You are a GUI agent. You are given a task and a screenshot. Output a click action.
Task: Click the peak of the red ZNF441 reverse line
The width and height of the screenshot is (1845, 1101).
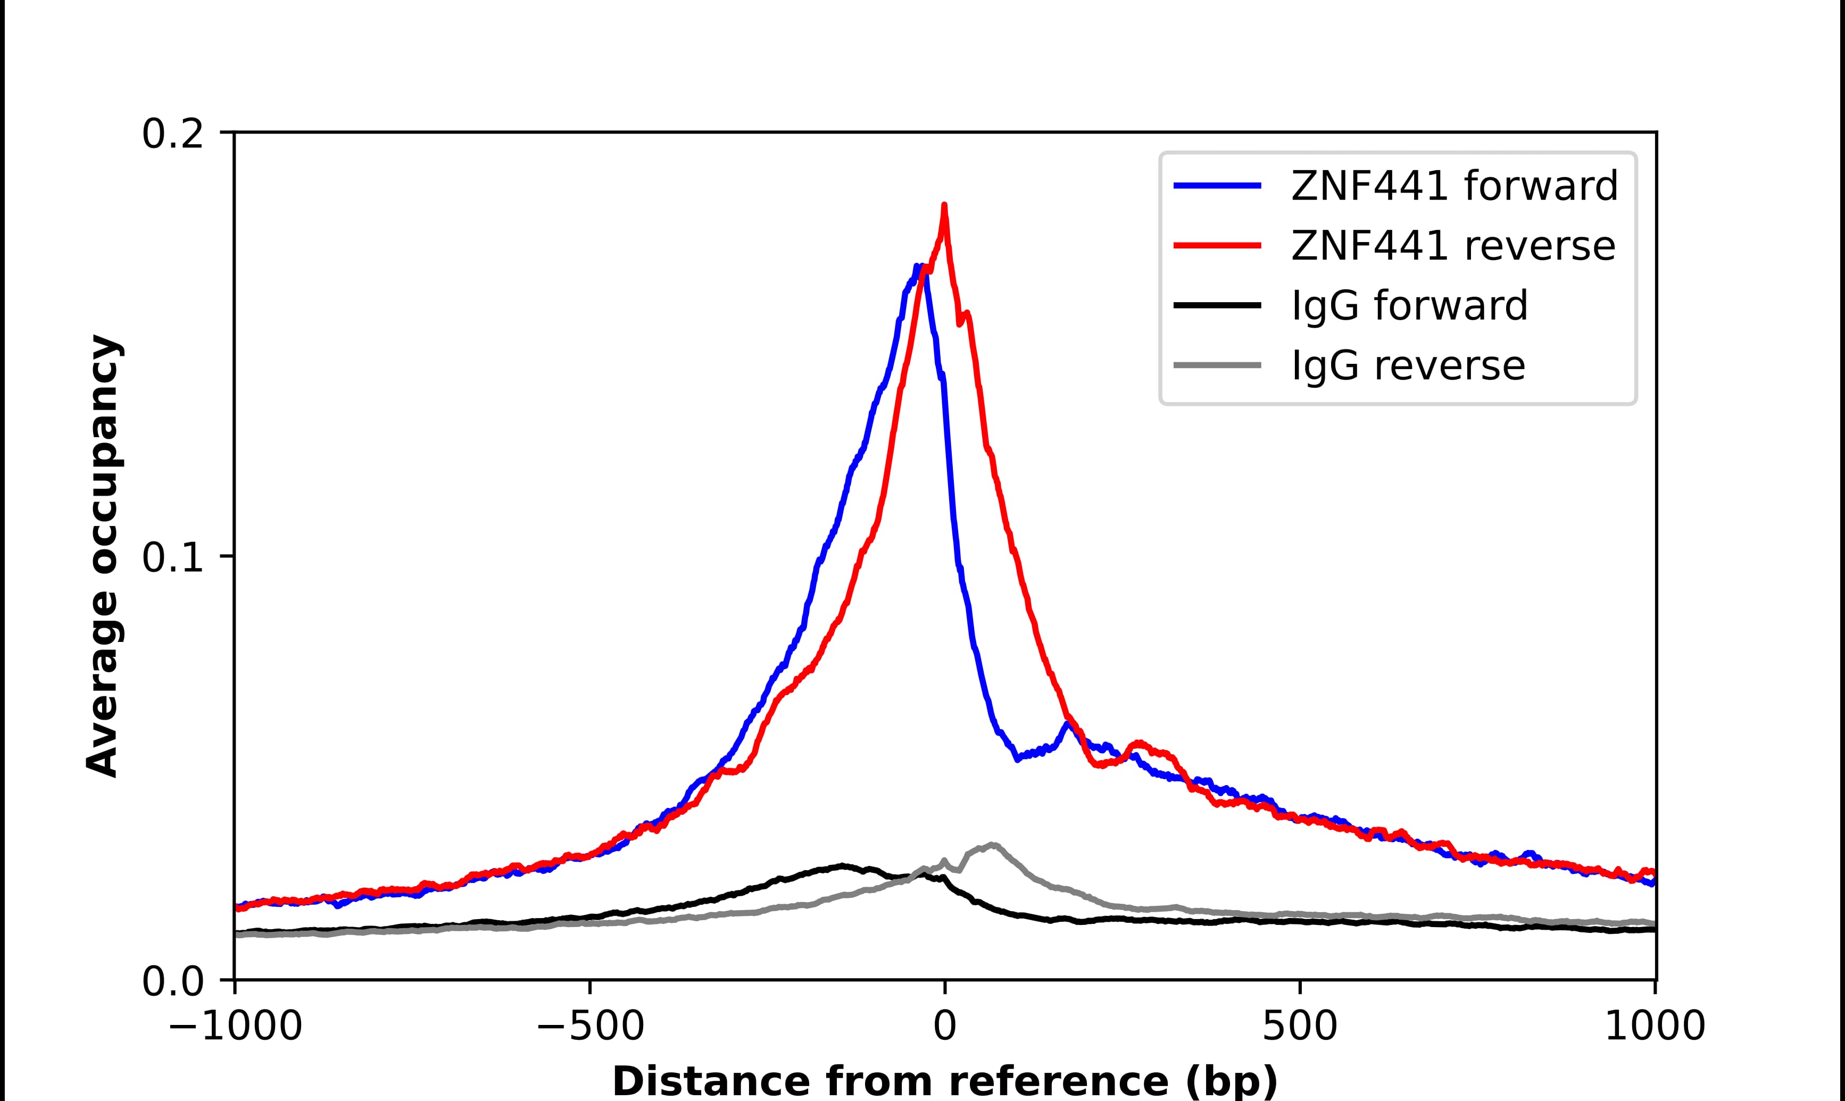point(944,205)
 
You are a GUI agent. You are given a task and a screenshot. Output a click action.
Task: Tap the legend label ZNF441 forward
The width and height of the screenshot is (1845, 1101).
point(1454,186)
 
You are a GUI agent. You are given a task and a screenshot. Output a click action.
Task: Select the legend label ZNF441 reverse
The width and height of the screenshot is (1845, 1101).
point(1452,246)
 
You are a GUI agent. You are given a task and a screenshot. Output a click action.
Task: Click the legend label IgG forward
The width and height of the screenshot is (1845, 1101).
point(1409,306)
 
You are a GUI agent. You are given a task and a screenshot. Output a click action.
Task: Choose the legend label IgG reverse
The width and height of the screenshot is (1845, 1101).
point(1408,366)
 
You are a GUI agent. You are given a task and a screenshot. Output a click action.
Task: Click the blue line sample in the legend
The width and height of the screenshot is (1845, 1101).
point(1217,186)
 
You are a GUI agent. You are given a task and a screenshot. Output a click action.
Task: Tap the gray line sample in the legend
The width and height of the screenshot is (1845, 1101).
point(1217,365)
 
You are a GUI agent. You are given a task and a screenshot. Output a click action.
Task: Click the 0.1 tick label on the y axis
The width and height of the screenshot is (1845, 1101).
point(172,558)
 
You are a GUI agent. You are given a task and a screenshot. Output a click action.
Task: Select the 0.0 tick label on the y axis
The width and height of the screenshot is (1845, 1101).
point(172,981)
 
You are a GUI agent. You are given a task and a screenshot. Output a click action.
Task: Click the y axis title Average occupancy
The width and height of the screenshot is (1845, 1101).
point(102,556)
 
